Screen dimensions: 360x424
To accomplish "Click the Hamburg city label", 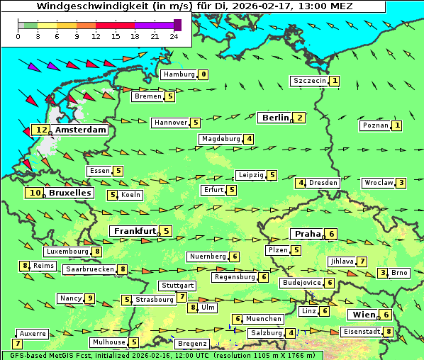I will pos(179,74).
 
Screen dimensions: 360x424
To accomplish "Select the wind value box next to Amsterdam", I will pos(41,130).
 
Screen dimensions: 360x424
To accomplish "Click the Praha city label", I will pos(307,234).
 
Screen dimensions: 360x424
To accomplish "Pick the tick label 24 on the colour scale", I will pos(174,36).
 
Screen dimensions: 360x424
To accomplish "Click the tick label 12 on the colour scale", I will pos(96,36).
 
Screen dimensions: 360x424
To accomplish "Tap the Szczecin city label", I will pos(310,81).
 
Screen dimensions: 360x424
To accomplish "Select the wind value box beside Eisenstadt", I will pos(389,332).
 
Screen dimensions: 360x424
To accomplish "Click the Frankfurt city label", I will pos(135,231).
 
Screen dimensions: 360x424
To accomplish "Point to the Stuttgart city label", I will pos(177,286).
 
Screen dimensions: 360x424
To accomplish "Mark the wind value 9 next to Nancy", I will pos(89,298).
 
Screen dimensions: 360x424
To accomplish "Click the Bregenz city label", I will pos(192,344).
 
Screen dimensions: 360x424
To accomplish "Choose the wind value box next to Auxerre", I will pos(17,344).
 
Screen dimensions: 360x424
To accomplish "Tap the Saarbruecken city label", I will pos(89,269).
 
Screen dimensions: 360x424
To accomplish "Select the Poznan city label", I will pos(375,125).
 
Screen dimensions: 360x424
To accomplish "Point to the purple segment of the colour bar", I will pos(154,25).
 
